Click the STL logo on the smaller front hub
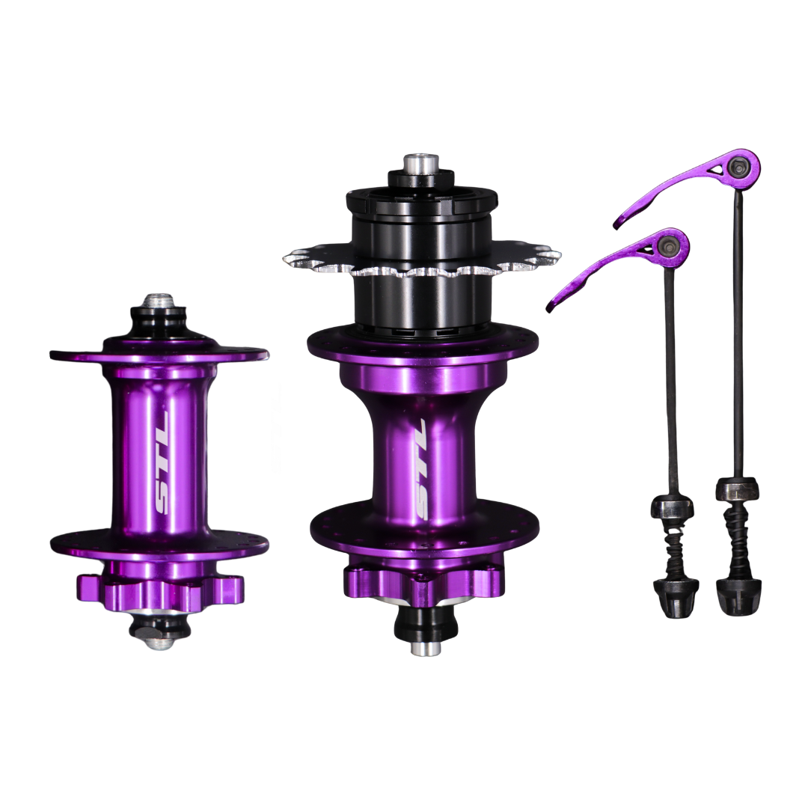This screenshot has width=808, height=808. click(x=162, y=462)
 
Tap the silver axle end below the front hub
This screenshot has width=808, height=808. click(x=159, y=642)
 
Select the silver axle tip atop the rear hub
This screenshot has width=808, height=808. click(x=420, y=163)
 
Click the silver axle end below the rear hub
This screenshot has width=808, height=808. click(x=426, y=648)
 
